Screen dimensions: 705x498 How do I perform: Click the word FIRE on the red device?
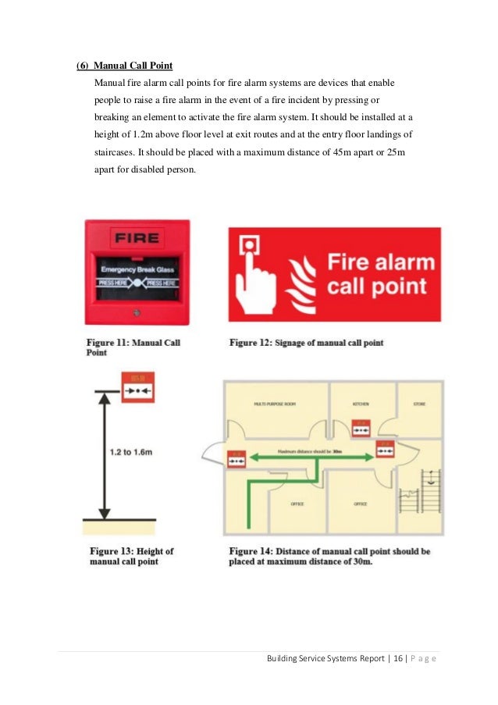tap(137, 237)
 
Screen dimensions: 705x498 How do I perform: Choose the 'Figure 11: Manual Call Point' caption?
tap(133, 347)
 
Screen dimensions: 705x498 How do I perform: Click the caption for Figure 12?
tap(306, 343)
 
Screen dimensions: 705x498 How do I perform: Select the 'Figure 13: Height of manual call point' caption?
tap(131, 556)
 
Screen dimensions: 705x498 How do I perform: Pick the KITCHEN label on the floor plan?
tap(360, 404)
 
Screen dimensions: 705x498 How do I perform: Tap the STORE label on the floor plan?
tap(418, 404)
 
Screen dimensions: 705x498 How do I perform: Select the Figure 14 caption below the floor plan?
tap(329, 556)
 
